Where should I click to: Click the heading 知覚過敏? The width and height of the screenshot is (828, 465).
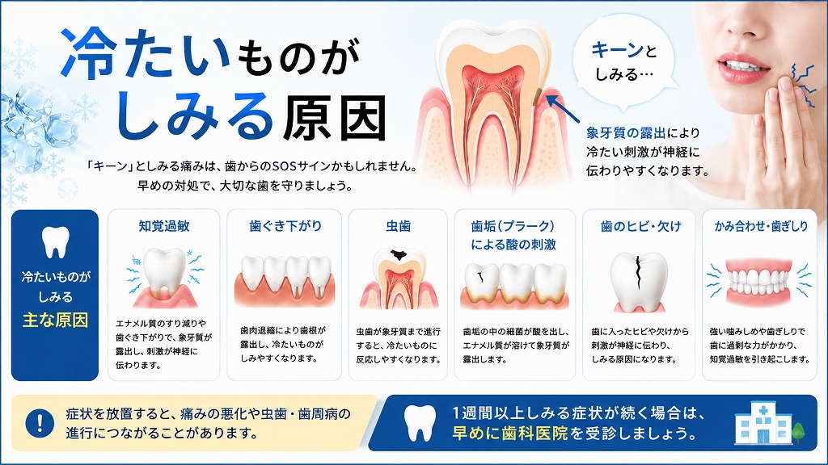click(163, 226)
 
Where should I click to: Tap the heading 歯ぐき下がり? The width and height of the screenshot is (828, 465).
click(285, 226)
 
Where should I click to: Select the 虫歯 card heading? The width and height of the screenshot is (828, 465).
click(398, 226)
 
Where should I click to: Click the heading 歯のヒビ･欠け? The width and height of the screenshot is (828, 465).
click(641, 226)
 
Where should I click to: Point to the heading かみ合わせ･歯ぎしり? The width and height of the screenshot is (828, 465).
click(761, 226)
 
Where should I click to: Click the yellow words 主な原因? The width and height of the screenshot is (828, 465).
click(55, 320)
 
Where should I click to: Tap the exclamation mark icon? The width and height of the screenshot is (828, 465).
click(40, 422)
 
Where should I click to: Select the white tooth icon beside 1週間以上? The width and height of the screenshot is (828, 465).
click(420, 423)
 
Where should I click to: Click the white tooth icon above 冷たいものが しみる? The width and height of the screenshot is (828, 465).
click(56, 242)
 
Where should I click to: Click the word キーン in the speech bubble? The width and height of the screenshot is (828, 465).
click(617, 50)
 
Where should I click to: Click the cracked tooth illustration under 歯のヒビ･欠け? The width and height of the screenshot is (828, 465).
click(639, 282)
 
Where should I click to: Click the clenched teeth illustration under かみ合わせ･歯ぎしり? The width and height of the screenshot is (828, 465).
click(758, 283)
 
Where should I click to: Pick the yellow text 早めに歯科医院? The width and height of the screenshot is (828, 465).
click(509, 434)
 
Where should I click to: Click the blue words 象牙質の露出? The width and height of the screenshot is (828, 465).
click(626, 133)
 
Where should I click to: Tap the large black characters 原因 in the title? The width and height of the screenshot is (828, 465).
click(336, 119)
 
